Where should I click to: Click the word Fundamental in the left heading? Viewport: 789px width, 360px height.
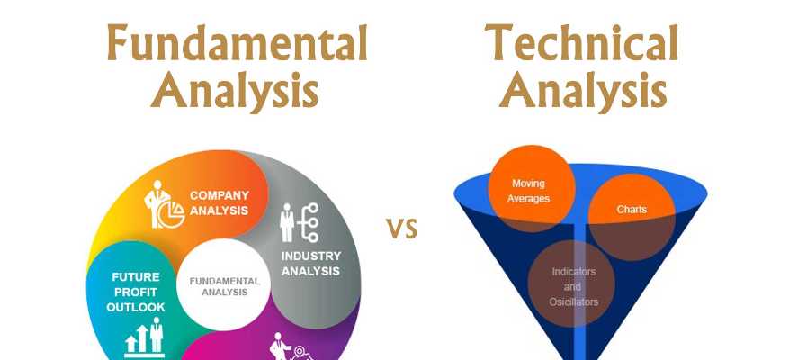237,43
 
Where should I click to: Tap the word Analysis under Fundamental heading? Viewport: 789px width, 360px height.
235,91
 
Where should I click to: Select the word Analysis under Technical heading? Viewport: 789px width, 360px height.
583,91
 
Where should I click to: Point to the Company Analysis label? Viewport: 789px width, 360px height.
219,202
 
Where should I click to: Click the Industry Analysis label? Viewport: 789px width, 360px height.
311,264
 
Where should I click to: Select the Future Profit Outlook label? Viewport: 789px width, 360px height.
135,292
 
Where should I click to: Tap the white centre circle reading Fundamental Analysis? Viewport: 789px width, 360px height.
224,285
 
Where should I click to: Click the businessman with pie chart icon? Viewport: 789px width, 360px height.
164,204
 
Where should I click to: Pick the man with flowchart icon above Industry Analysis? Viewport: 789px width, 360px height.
300,222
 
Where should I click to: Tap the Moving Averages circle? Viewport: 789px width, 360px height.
532,188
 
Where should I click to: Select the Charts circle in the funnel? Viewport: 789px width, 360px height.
632,217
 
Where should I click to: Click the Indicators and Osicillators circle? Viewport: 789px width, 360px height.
571,283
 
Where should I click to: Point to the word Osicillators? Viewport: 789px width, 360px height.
574,302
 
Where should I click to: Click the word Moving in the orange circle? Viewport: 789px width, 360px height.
528,184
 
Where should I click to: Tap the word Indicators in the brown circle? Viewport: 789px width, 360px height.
574,272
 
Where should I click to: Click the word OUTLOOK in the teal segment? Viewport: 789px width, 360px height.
136,307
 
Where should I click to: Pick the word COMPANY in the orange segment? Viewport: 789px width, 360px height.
220,195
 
